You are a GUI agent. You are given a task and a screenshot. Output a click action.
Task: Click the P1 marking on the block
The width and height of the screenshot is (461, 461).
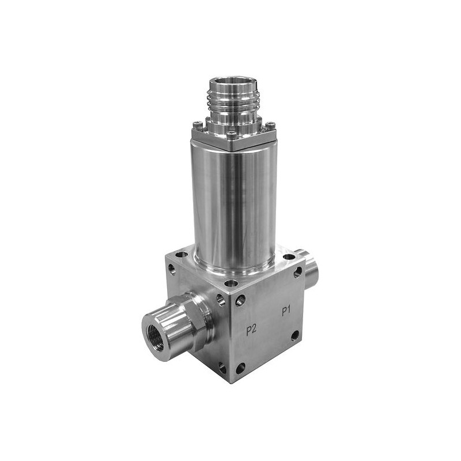click(x=286, y=311)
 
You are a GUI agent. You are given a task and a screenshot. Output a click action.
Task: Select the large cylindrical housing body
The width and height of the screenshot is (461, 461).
click(x=235, y=203)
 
